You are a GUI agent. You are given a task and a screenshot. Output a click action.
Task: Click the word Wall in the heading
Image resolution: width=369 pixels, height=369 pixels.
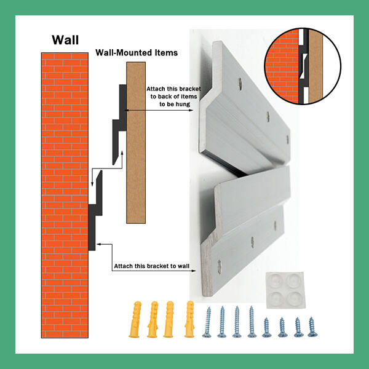pos(65,41)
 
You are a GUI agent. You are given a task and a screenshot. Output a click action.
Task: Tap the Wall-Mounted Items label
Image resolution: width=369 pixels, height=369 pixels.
pos(136,53)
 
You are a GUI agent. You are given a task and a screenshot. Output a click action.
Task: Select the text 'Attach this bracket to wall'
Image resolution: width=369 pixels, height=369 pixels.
pos(151,267)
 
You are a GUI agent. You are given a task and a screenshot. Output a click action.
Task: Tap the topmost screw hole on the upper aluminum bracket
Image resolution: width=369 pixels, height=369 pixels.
pos(239,80)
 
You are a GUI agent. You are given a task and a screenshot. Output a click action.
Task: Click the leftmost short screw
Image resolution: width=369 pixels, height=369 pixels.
pos(266,326)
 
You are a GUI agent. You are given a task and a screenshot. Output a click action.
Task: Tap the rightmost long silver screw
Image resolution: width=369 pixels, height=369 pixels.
pos(250,321)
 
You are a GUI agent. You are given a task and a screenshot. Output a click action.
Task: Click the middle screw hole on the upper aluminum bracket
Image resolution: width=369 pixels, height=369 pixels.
pos(267,115)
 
